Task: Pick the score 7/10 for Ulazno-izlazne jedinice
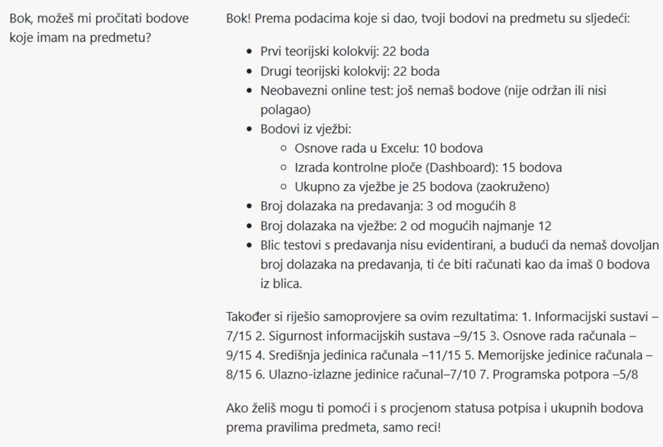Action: click(x=467, y=375)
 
